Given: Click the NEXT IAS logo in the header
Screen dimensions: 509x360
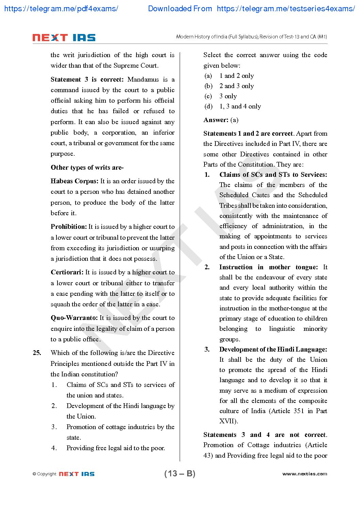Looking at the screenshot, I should point(64,37).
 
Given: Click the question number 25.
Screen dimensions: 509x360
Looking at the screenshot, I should point(37,353).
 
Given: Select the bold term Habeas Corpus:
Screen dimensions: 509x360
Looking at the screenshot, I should point(75,181).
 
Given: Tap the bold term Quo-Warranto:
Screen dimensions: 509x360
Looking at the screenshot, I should point(74,318).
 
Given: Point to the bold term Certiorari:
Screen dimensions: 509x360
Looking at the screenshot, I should point(67,272).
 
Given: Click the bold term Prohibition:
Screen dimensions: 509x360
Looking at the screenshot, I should point(69,227).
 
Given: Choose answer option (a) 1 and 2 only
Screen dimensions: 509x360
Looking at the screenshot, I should point(229,76).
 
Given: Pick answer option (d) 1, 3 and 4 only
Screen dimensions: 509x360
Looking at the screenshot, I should point(233,106).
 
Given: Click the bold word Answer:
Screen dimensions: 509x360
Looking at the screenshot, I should point(216,120).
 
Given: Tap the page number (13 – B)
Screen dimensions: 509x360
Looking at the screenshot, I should point(180,474).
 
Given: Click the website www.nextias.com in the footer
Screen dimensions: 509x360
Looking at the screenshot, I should point(305,474).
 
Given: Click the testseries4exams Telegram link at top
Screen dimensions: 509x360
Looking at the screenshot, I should point(285,9).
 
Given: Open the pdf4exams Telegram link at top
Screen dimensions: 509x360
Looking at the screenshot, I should point(61,9).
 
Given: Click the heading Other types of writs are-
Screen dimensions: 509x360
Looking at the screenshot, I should point(87,168).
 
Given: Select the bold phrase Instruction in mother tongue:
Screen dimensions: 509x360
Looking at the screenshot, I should point(268,267).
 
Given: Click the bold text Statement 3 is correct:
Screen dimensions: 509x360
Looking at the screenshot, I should point(87,80).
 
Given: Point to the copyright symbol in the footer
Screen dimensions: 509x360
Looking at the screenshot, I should point(34,474).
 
